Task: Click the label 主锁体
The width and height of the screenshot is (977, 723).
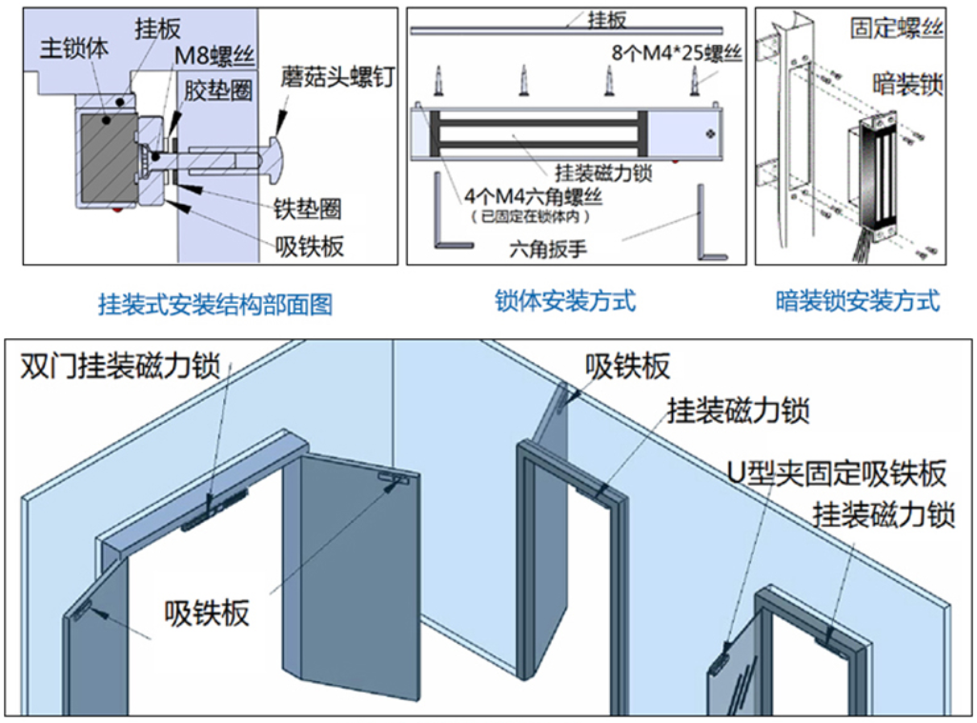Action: pos(75,49)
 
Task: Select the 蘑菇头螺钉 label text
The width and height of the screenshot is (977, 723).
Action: pos(337,76)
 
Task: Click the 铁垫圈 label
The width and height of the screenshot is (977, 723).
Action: pos(307,208)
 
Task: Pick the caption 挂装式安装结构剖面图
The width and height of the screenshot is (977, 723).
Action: pos(215,305)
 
